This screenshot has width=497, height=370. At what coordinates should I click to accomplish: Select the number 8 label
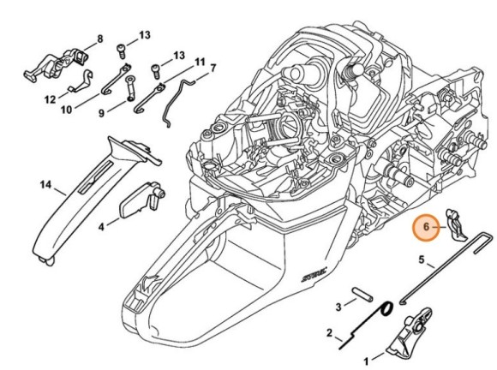tap(99, 39)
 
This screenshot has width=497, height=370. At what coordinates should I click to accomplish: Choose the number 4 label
tap(102, 227)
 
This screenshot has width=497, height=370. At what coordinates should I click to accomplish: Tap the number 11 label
tap(199, 63)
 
